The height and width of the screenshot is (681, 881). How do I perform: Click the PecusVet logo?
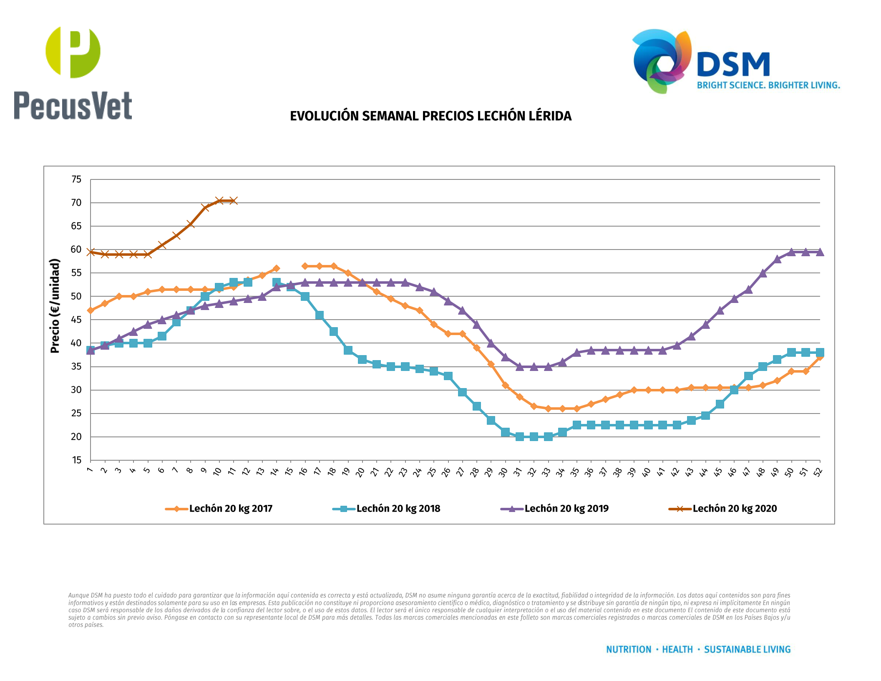pyautogui.click(x=73, y=73)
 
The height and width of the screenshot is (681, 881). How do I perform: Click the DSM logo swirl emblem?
pyautogui.click(x=662, y=61)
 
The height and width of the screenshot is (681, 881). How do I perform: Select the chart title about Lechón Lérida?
pyautogui.click(x=430, y=116)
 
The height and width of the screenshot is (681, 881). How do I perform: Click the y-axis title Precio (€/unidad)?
pyautogui.click(x=55, y=306)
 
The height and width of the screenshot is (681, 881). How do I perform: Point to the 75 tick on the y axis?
pyautogui.click(x=76, y=179)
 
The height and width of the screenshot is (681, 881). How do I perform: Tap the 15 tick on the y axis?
pyautogui.click(x=76, y=460)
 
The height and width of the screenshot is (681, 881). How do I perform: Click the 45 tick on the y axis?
pyautogui.click(x=76, y=320)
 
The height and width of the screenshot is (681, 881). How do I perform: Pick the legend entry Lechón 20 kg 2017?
pyautogui.click(x=230, y=509)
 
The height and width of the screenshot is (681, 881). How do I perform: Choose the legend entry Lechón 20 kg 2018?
pyautogui.click(x=398, y=509)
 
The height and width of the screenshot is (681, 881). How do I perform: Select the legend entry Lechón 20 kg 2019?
pyautogui.click(x=566, y=509)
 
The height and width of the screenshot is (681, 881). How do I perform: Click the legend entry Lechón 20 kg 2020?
pyautogui.click(x=734, y=509)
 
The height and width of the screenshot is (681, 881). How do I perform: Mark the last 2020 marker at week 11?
pyautogui.click(x=234, y=201)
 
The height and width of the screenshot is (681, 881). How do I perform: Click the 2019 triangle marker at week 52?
pyautogui.click(x=820, y=252)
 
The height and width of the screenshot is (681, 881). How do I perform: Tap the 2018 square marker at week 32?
pyautogui.click(x=534, y=436)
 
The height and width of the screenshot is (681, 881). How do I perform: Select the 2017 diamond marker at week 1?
pyautogui.click(x=91, y=310)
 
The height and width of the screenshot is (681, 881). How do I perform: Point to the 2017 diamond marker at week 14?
pyautogui.click(x=276, y=268)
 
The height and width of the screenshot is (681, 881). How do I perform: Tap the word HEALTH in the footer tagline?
pyautogui.click(x=677, y=650)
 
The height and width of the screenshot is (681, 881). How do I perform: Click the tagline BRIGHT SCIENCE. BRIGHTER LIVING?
pyautogui.click(x=768, y=86)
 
